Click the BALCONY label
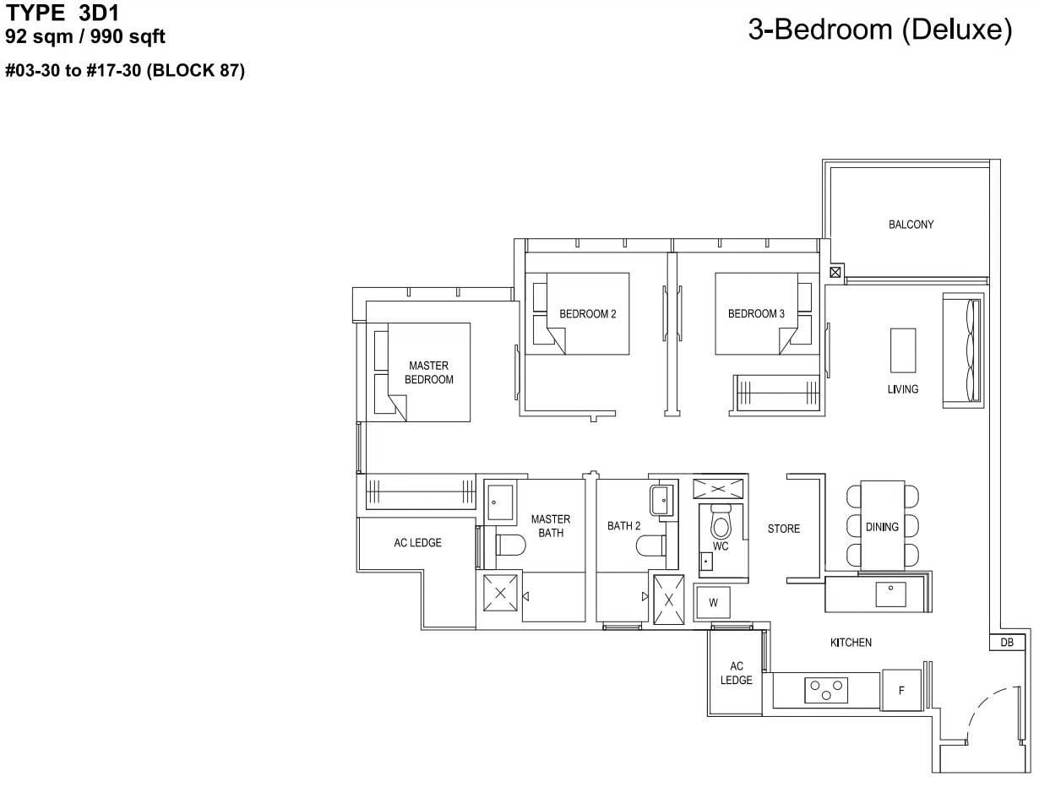click(x=911, y=224)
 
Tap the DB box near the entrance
click(x=1007, y=643)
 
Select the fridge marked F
click(x=901, y=690)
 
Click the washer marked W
click(x=713, y=603)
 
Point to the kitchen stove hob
click(x=826, y=691)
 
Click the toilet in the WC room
click(x=721, y=522)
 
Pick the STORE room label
click(x=784, y=529)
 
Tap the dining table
click(x=882, y=525)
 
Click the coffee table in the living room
click(x=903, y=350)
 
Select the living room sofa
click(x=963, y=350)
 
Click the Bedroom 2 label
click(x=588, y=314)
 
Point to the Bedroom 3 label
click(x=756, y=313)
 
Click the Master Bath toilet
click(x=511, y=545)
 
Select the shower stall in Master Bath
click(x=500, y=593)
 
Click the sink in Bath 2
click(x=661, y=500)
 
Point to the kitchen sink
click(x=890, y=594)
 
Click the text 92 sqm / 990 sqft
click(x=85, y=36)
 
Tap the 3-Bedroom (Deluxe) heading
click(x=880, y=30)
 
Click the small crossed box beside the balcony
click(x=835, y=273)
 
